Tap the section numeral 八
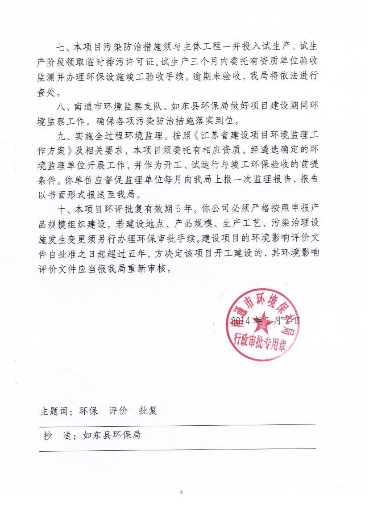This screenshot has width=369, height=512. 62,107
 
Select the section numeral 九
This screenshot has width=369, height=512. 62,137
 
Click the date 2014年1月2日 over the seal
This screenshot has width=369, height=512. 265,321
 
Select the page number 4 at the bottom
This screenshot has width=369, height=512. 182,492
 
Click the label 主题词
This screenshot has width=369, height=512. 55,411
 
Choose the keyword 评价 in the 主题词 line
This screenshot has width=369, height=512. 118,411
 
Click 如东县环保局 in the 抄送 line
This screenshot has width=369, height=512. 112,435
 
